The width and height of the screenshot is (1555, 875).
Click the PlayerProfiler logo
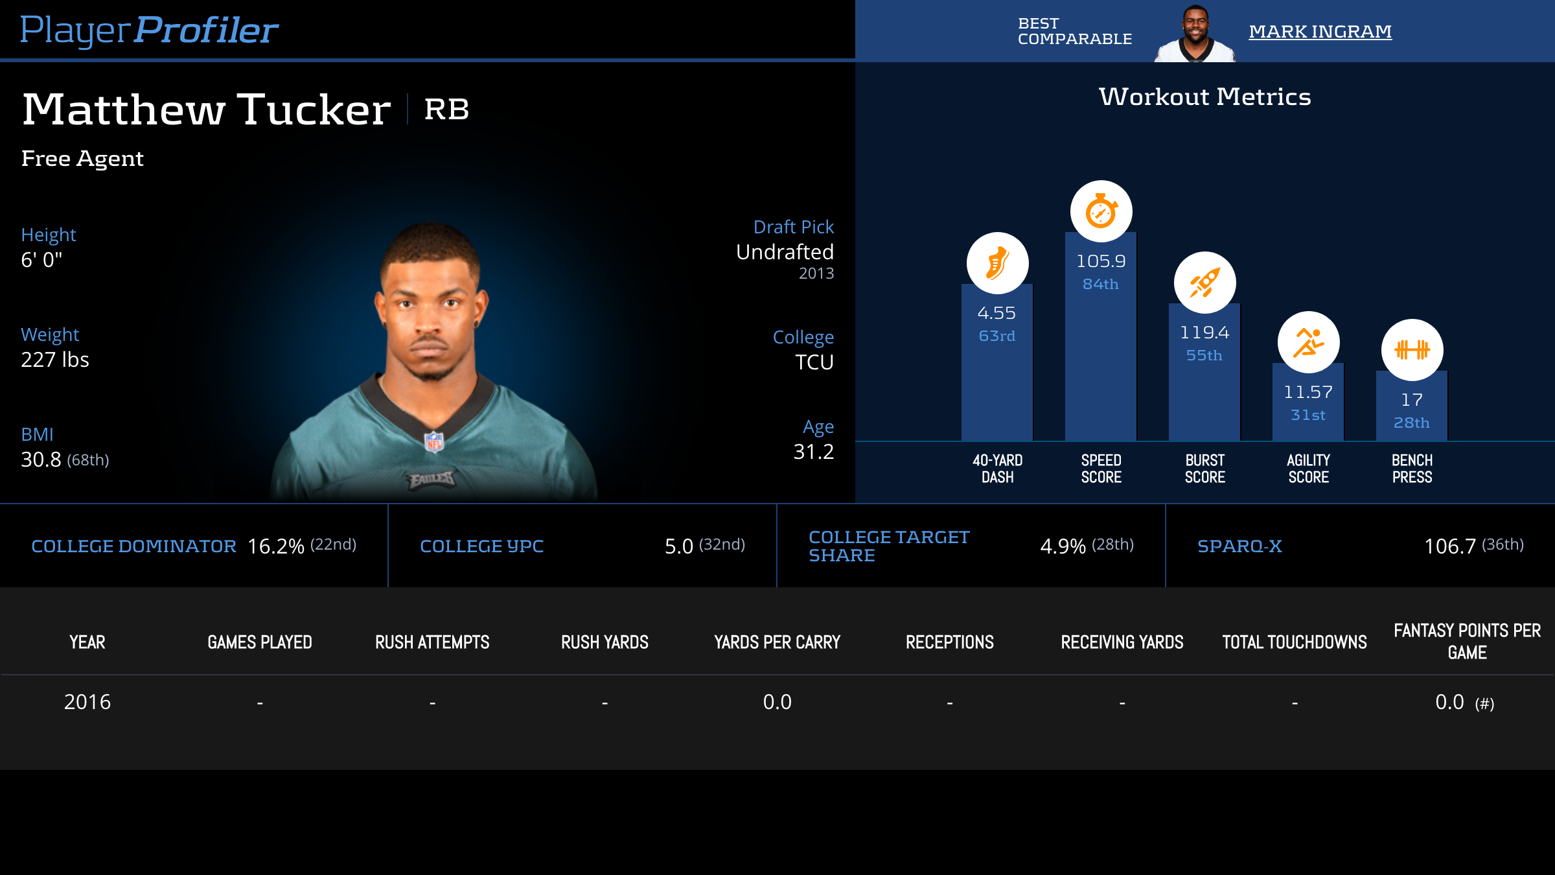click(149, 30)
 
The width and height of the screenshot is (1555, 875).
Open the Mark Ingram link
click(1320, 31)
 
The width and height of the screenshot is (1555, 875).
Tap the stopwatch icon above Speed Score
click(1101, 211)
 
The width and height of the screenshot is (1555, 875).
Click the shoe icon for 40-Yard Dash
click(997, 263)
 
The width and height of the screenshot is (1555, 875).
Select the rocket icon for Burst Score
click(1204, 283)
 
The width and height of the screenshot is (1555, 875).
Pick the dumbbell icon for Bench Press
click(1412, 350)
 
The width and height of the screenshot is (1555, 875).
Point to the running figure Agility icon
click(1308, 342)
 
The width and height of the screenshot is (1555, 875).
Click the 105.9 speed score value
click(1101, 261)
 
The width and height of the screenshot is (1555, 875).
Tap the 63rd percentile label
click(997, 336)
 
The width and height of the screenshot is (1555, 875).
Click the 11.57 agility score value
click(1308, 392)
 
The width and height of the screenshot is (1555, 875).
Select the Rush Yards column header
click(605, 642)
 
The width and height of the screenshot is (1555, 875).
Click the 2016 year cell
click(87, 702)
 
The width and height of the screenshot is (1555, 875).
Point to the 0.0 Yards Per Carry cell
click(777, 702)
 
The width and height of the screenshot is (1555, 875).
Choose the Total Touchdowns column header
click(1295, 642)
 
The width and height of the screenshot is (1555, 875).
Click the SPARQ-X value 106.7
click(1449, 546)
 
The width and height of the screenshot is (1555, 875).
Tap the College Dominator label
click(133, 546)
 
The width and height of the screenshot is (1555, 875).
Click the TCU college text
click(814, 362)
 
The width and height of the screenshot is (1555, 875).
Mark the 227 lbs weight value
click(55, 360)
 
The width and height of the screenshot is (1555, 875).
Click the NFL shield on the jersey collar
click(434, 441)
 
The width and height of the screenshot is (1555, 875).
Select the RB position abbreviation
click(446, 109)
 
